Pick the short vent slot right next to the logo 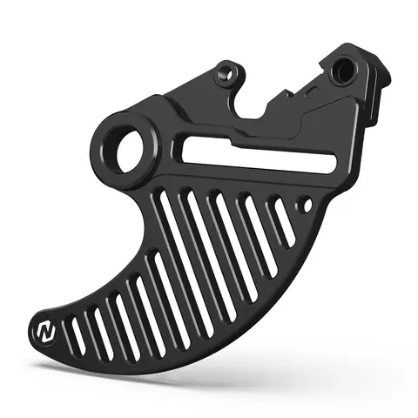click(x=76, y=334)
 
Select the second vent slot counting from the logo click(x=98, y=321)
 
